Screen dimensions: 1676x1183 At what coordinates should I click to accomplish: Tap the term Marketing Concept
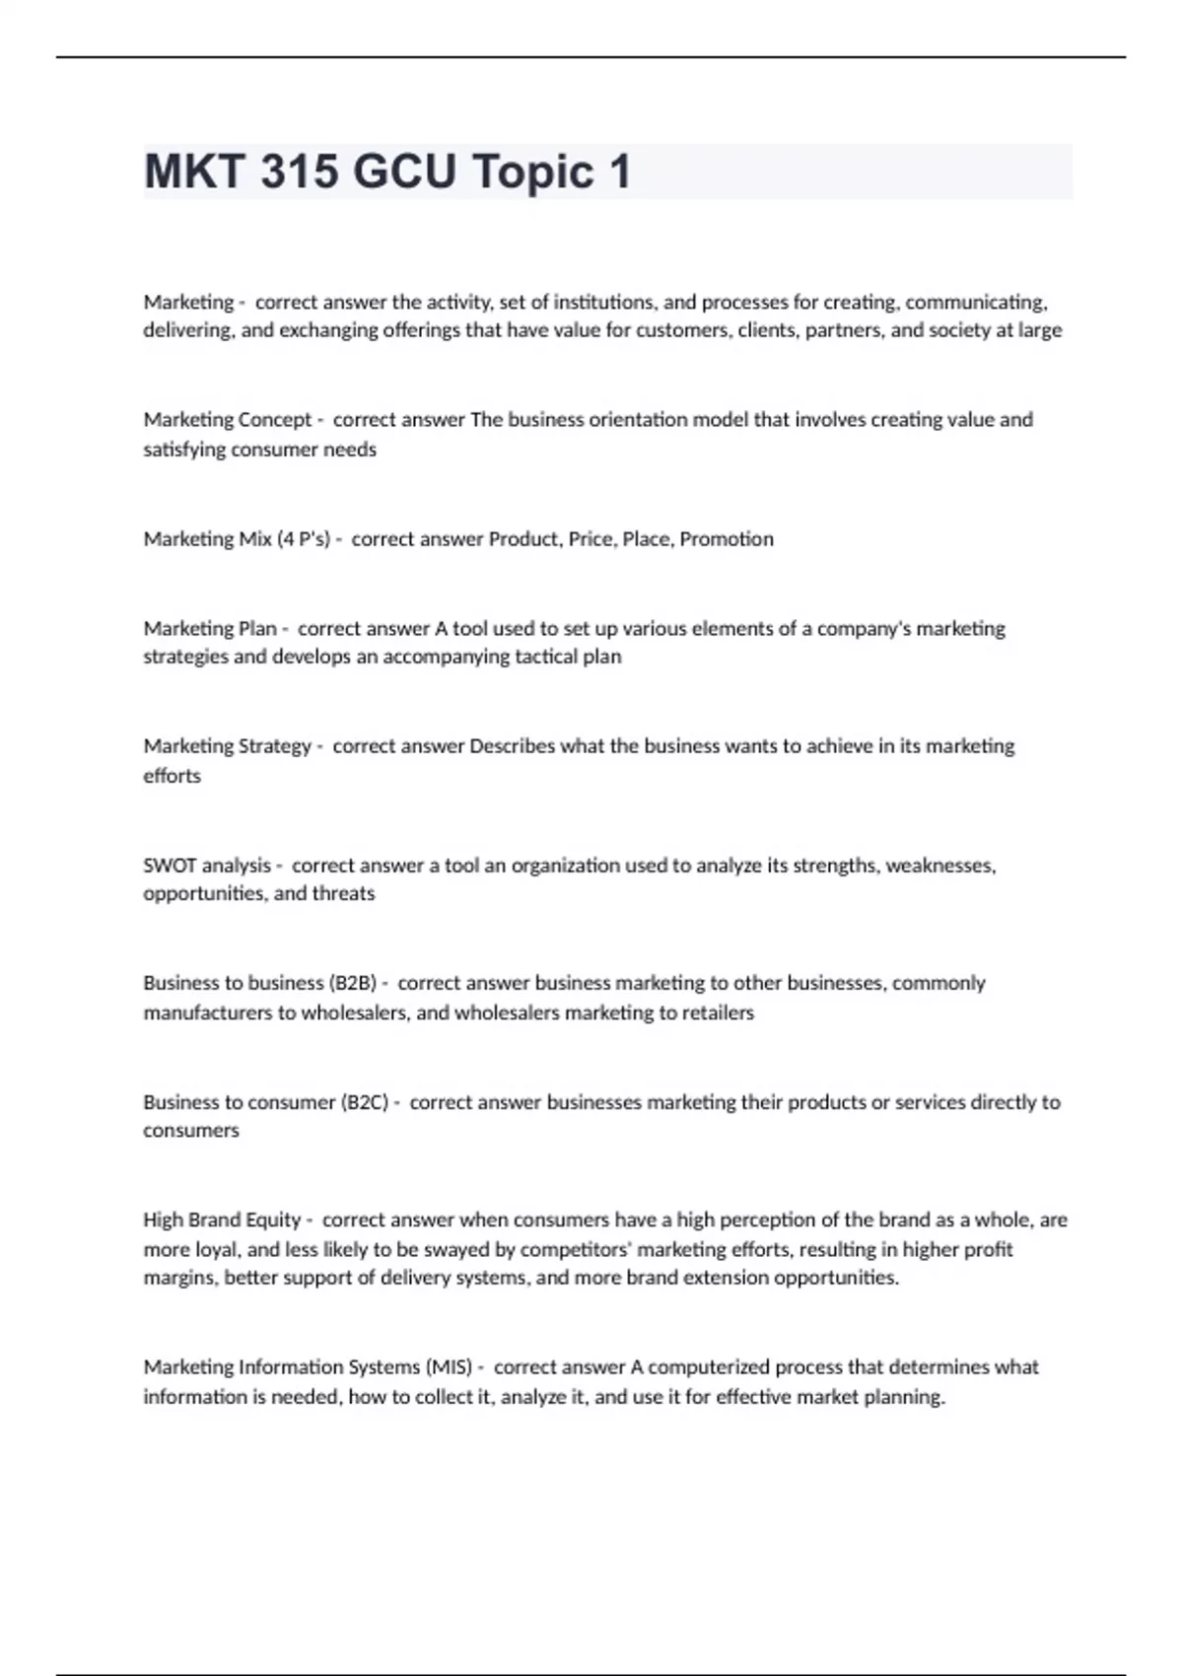pyautogui.click(x=228, y=420)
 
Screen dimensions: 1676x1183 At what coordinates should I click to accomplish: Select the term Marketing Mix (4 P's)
pyautogui.click(x=237, y=539)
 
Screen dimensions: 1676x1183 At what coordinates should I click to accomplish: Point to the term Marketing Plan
pyautogui.click(x=210, y=629)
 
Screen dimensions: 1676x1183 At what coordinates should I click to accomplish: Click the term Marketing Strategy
pyautogui.click(x=228, y=746)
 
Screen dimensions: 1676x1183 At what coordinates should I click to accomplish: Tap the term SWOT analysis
pyautogui.click(x=207, y=866)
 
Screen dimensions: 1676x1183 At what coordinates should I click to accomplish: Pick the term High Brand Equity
pyautogui.click(x=222, y=1220)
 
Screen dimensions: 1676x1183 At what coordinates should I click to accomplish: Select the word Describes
pyautogui.click(x=513, y=746)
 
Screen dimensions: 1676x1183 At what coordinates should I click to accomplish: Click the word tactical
pyautogui.click(x=546, y=657)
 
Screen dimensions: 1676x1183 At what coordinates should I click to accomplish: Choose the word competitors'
pyautogui.click(x=574, y=1249)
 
